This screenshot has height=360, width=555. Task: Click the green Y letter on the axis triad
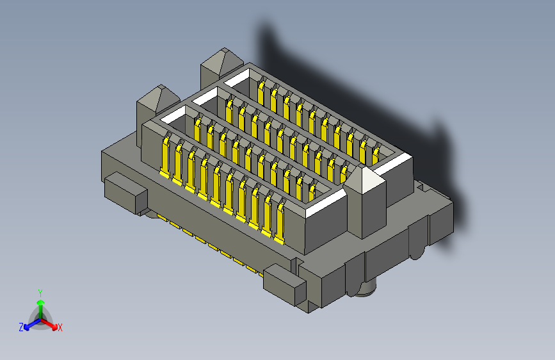coord(40,291)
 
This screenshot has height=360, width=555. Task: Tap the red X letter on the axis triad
coord(60,328)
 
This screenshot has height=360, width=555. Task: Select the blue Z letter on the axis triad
coord(21,327)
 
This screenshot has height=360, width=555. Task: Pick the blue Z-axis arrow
coord(29,324)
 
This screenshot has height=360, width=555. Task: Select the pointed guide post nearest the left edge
coord(156,102)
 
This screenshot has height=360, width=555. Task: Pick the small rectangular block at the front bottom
coord(283,283)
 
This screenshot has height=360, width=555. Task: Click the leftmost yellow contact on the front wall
coord(165,156)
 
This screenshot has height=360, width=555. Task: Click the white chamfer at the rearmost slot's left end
coord(236,79)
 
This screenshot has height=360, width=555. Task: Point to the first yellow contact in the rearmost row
coord(261,90)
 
